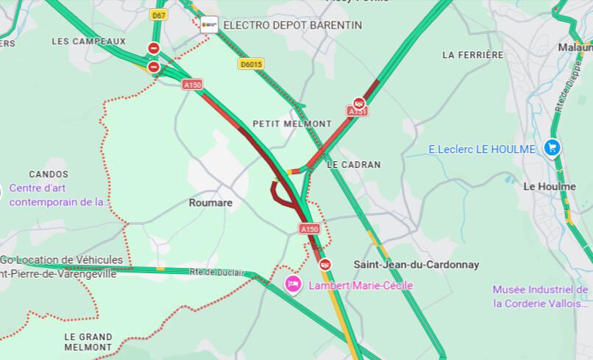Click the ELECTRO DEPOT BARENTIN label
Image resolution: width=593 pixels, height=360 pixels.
tap(292, 25)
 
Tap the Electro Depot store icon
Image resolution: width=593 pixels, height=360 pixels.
tap(210, 24)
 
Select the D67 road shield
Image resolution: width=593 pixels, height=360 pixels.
tap(157, 15)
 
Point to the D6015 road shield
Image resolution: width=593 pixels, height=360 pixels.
tap(250, 65)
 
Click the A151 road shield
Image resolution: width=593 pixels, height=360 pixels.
tap(358, 111)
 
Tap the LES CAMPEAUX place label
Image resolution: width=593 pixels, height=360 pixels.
tap(88, 41)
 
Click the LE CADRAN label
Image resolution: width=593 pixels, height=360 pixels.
tap(354, 165)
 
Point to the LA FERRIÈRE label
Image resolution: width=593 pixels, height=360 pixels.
tap(473, 55)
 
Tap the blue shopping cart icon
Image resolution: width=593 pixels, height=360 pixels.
tap(552, 149)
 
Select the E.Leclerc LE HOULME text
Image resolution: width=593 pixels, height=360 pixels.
tap(482, 149)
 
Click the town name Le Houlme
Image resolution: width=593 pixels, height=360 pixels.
tap(549, 186)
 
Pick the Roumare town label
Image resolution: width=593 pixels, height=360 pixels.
tap(210, 202)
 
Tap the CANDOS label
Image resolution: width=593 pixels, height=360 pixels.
tap(49, 174)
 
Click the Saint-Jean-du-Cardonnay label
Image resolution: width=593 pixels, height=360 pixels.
tap(416, 264)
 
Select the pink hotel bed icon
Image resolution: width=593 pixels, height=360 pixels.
tap(293, 284)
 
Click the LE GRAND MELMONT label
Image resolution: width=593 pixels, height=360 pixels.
tap(88, 342)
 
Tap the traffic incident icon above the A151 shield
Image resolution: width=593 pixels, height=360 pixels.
tap(358, 102)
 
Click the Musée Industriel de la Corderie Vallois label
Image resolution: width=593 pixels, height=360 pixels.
tap(541, 296)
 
